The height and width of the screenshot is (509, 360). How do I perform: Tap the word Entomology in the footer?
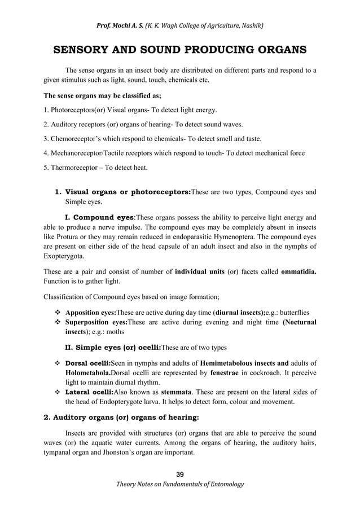click(x=225, y=484)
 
